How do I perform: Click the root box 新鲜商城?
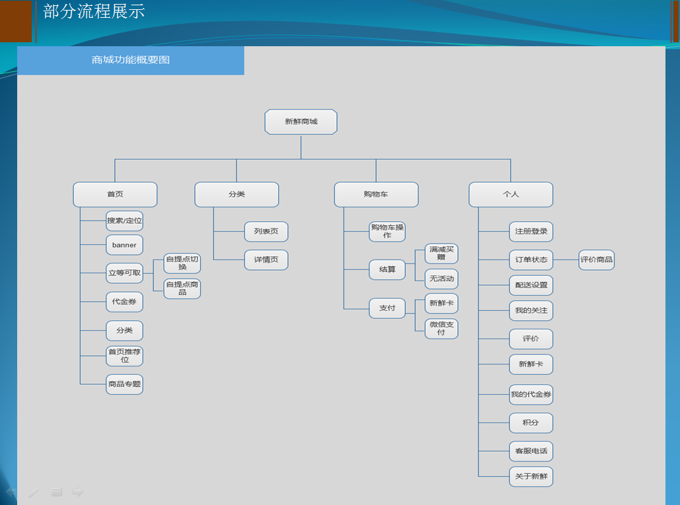[x=301, y=121]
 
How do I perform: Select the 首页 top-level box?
[x=115, y=195]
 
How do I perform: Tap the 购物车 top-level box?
[x=376, y=195]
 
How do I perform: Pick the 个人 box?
[x=511, y=195]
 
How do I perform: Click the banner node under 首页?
[x=124, y=245]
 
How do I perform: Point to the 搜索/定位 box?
[x=124, y=221]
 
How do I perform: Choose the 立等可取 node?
[x=124, y=273]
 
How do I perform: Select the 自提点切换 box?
[x=182, y=263]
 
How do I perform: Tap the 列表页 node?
[x=266, y=232]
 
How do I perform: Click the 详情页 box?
[x=266, y=260]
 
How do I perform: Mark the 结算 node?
[x=387, y=270]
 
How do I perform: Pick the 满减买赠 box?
[x=441, y=253]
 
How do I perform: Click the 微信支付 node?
[x=441, y=328]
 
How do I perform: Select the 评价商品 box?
[x=596, y=260]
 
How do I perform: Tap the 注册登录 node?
[x=531, y=232]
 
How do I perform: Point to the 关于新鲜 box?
[x=531, y=477]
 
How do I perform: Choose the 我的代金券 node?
[x=531, y=395]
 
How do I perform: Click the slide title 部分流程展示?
[x=94, y=11]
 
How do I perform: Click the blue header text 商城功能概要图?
[x=131, y=60]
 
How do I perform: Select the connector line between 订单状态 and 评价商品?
[x=566, y=260]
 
